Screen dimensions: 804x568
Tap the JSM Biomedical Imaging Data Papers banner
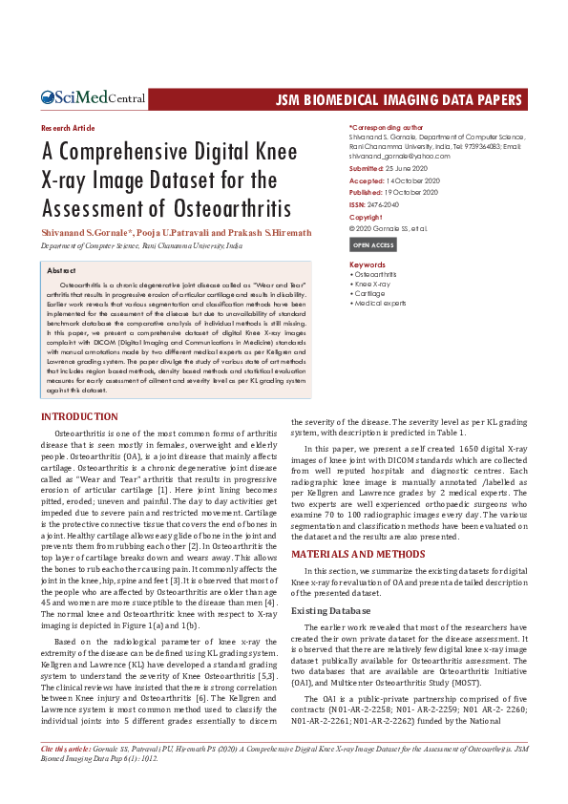tap(400, 99)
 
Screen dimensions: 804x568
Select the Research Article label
tap(69, 127)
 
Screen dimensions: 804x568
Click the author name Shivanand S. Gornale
tap(91, 232)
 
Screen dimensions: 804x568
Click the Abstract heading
tap(61, 271)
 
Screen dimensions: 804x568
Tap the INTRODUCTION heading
tap(79, 417)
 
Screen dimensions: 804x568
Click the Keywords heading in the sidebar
tap(368, 264)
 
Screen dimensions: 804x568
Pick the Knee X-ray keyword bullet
tap(372, 285)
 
